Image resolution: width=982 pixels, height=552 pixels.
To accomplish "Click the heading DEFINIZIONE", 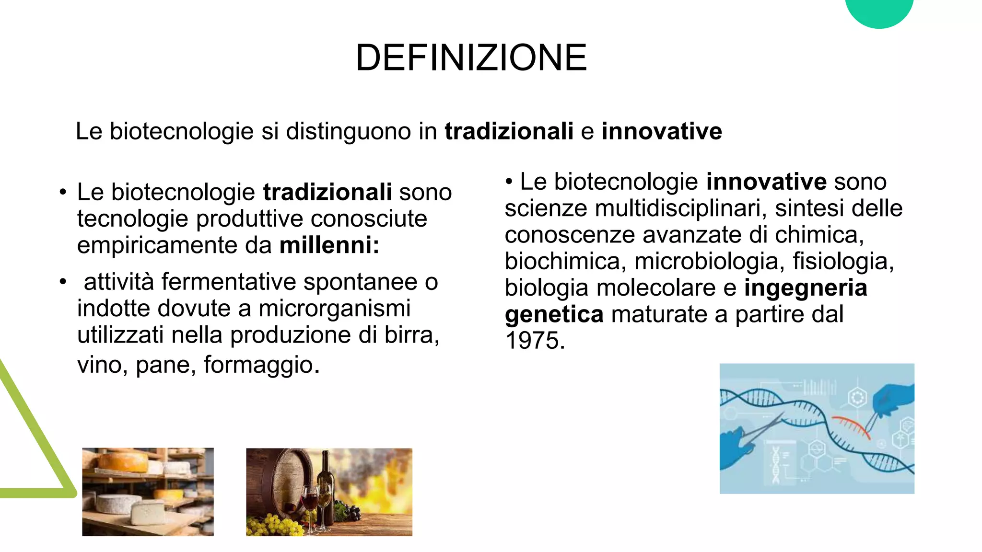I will tap(471, 58).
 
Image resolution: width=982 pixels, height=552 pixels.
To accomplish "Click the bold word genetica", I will tap(554, 314).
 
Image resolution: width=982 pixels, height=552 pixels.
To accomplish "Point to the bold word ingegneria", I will tap(806, 288).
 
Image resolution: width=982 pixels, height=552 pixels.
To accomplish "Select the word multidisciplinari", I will tap(680, 208).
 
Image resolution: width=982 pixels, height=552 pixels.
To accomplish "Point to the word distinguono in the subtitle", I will tap(348, 131).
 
